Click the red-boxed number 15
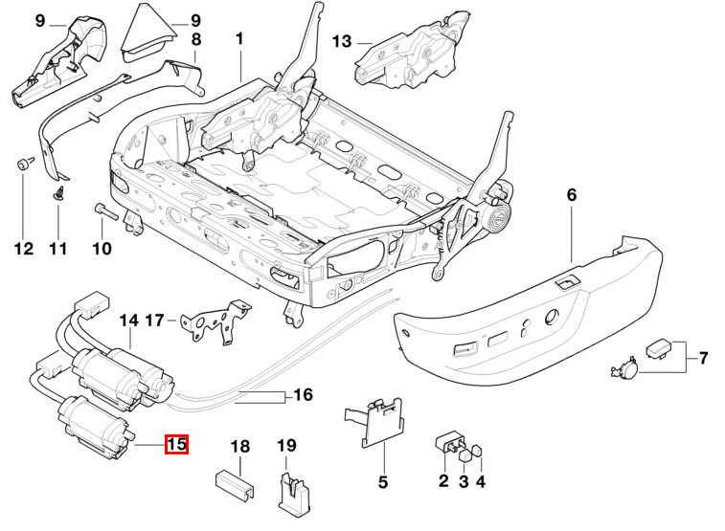pos(176,444)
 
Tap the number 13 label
pos(342,41)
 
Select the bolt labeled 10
pos(107,211)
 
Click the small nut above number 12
pos(22,165)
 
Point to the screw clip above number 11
pos(58,193)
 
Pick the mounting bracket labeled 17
pos(215,321)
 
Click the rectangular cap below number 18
pos(236,485)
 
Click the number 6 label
pos(572,195)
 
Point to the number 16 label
pos(304,395)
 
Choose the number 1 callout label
pos(239,39)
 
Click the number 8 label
pos(196,40)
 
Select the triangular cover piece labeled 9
pos(147,33)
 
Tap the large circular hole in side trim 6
pos(552,318)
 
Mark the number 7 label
pos(703,359)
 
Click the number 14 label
pos(129,321)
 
